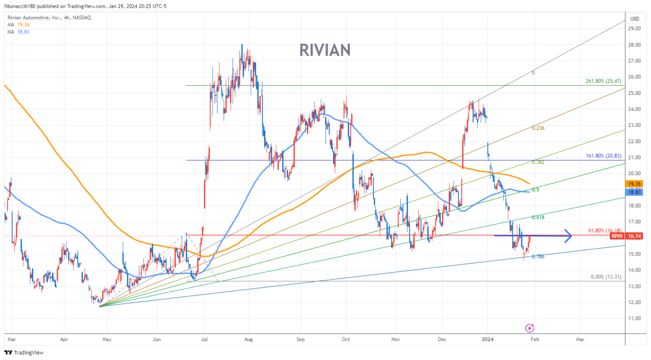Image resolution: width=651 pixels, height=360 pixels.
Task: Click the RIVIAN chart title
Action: pyautogui.click(x=325, y=50)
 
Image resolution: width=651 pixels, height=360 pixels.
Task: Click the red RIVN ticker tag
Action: pyautogui.click(x=616, y=236)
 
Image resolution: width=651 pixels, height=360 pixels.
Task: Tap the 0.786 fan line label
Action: pyautogui.click(x=538, y=256)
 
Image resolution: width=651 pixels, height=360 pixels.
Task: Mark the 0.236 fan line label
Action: pyautogui.click(x=538, y=128)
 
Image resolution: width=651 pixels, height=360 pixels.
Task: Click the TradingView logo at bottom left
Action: pyautogui.click(x=22, y=352)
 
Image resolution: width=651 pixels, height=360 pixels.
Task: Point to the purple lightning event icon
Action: pyautogui.click(x=530, y=328)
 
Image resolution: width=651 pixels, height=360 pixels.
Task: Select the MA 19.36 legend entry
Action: pyautogui.click(x=19, y=24)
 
